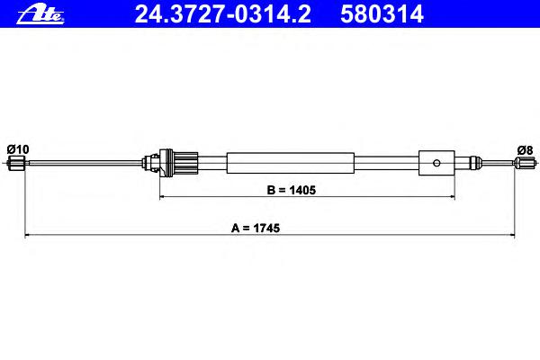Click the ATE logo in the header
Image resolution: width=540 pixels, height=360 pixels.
click(40, 15)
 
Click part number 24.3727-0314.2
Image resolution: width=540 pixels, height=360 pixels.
click(223, 14)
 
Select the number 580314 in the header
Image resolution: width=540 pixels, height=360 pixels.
click(382, 14)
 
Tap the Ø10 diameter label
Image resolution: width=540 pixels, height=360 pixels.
click(18, 149)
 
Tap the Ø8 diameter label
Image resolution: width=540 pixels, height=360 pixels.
click(526, 150)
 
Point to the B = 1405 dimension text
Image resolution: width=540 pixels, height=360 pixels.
click(292, 190)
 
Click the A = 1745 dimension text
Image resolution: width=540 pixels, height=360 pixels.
click(256, 228)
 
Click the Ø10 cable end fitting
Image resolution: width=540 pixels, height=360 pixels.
click(16, 163)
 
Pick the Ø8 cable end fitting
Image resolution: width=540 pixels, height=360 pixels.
click(524, 163)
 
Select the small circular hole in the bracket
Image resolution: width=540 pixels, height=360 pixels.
click(436, 163)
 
